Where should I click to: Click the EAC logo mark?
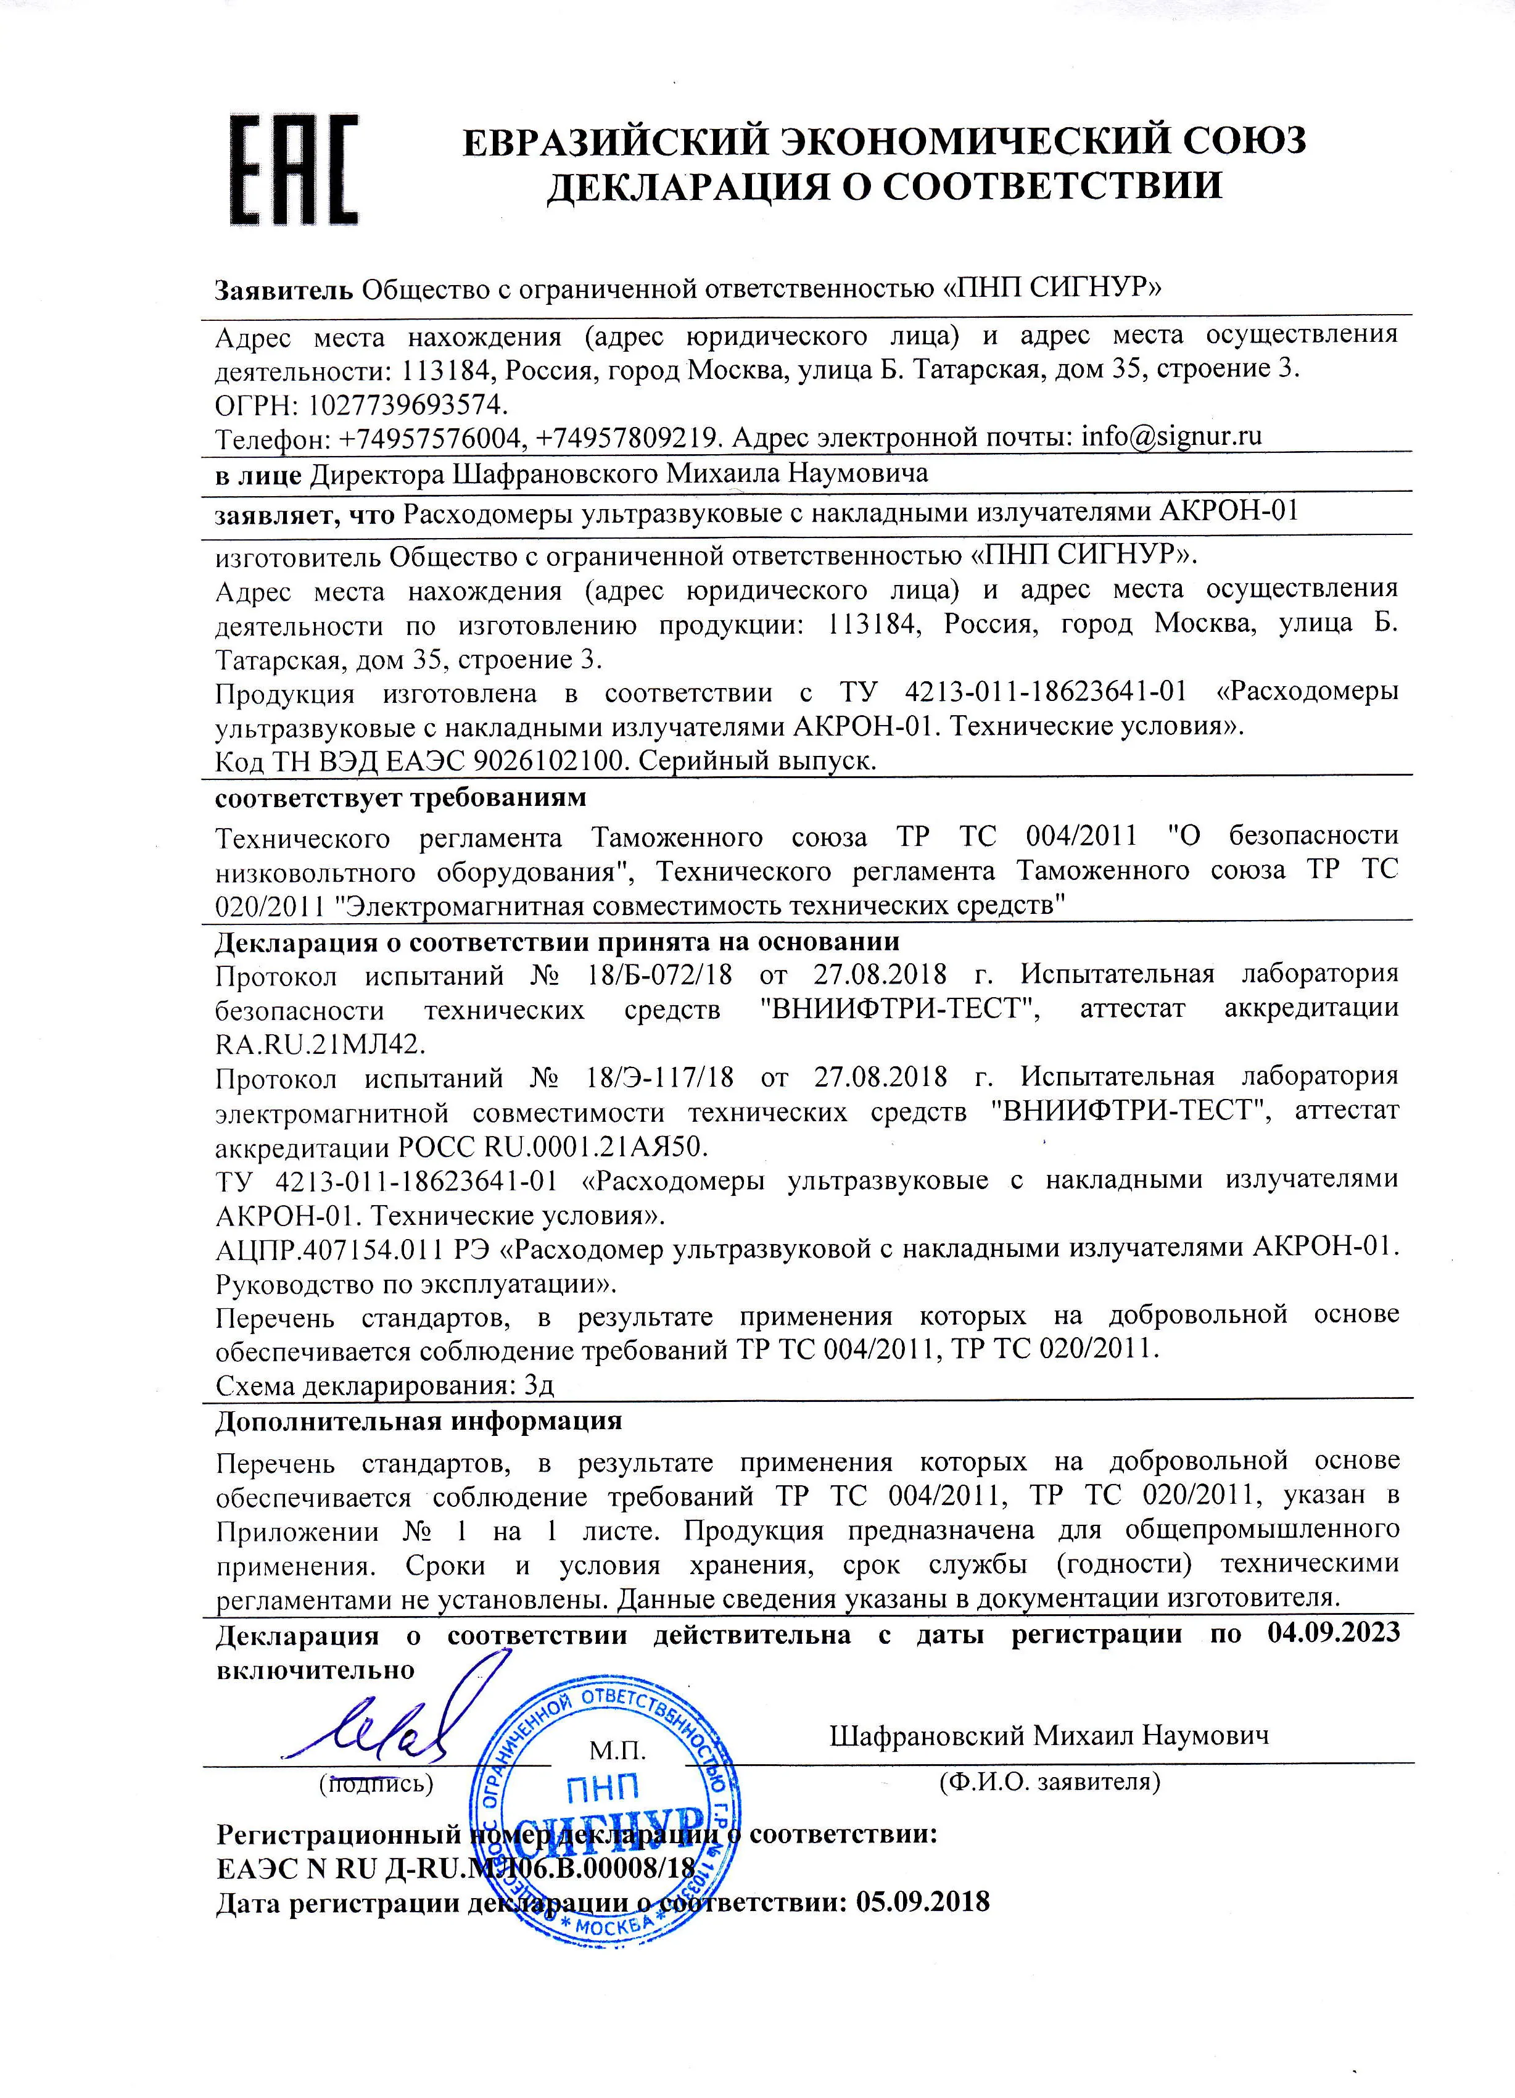(x=293, y=169)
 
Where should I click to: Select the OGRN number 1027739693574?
(x=407, y=404)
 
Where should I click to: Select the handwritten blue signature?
(x=379, y=1735)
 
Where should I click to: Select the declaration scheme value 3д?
(x=539, y=1385)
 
